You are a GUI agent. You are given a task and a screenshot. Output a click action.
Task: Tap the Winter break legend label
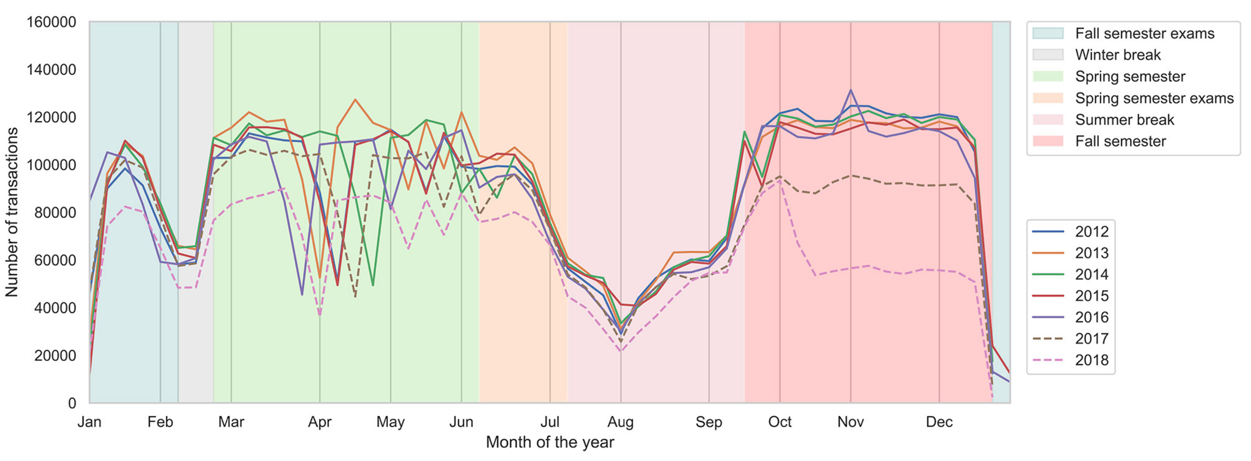(x=1118, y=55)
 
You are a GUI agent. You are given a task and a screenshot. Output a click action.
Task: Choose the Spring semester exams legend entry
(x=1154, y=98)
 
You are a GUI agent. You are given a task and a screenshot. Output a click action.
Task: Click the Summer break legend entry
(x=1124, y=119)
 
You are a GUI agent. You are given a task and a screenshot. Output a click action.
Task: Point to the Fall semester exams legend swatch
(x=1047, y=33)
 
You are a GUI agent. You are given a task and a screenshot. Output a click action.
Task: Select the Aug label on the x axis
(x=620, y=421)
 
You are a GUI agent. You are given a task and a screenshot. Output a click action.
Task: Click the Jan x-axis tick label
(x=90, y=421)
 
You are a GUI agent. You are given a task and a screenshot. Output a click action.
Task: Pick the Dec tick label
(x=939, y=421)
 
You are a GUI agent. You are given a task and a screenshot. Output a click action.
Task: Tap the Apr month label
(x=319, y=421)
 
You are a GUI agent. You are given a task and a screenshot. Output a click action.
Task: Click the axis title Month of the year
(x=550, y=442)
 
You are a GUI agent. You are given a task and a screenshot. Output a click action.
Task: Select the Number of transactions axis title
(x=12, y=212)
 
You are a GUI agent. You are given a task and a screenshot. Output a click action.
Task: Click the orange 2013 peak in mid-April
(x=355, y=100)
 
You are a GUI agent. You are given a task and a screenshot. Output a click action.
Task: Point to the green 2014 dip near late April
(x=373, y=285)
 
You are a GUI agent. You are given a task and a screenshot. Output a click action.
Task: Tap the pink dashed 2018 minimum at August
(x=620, y=351)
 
